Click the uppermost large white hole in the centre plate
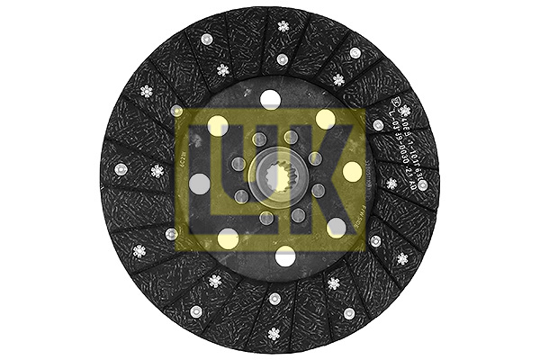pos(271,99)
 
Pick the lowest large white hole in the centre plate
pos(285,256)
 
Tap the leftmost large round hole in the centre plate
pos(200,184)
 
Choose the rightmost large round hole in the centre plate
pos(352,171)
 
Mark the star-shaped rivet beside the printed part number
pos(405,111)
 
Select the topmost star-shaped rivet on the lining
pos(283,26)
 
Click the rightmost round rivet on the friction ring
pos(422,184)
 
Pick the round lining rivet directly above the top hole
pos(282,59)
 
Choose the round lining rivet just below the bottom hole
pos(274,298)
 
